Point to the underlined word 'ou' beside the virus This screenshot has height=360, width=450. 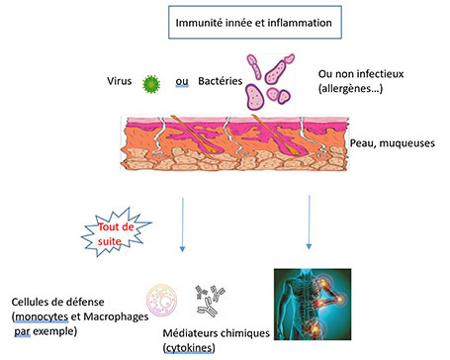pyautogui.click(x=181, y=81)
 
